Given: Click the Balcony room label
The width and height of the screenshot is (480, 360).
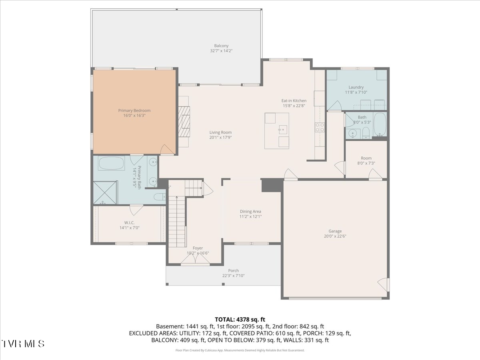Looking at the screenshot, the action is (221, 46).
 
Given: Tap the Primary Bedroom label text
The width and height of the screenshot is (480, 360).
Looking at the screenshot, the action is (134, 110).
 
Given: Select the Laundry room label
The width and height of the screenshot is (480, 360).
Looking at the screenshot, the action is (356, 87).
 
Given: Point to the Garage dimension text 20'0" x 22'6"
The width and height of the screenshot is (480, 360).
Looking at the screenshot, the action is (335, 236).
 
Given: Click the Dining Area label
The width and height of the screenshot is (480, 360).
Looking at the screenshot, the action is (250, 211).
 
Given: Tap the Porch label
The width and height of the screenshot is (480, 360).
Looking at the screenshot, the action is (233, 270).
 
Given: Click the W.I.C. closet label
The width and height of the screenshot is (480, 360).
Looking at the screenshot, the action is (129, 222).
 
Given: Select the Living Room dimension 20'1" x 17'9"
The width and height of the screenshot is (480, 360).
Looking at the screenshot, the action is (220, 137).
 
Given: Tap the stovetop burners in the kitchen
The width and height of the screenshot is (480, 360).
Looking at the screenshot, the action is (320, 127).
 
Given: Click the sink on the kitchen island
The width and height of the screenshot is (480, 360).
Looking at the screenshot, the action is (283, 130).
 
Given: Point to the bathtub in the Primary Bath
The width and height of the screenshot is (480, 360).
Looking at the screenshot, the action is (112, 163).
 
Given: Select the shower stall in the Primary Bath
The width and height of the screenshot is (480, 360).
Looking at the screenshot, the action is (105, 192).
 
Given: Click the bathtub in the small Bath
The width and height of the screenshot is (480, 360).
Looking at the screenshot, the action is (380, 124).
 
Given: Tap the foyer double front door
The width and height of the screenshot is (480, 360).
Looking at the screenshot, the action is (195, 260).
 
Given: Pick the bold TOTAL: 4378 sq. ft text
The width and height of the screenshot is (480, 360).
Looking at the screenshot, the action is (240, 320).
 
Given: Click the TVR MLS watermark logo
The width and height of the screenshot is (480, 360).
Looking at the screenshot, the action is (23, 344).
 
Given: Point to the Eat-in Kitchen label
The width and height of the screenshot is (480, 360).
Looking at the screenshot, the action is (294, 100).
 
